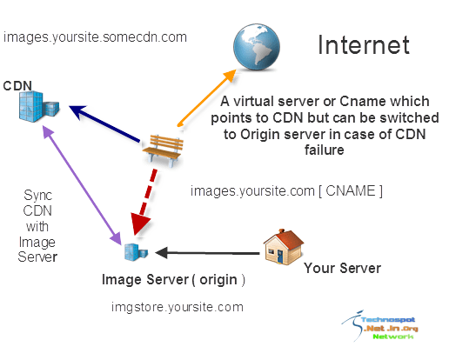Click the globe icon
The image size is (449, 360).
(x=257, y=47)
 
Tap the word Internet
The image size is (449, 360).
(x=364, y=45)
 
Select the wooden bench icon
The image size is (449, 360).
(x=164, y=150)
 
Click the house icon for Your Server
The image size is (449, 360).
(x=283, y=247)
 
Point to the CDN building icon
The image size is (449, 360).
(x=39, y=106)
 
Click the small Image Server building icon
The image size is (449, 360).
(x=136, y=252)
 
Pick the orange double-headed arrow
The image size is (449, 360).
(x=206, y=98)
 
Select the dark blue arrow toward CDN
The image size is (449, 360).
(x=104, y=123)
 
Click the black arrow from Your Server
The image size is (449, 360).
(x=207, y=253)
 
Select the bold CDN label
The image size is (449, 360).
(x=17, y=86)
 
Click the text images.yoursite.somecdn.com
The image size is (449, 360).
(x=95, y=37)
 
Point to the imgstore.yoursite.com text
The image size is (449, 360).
(x=178, y=307)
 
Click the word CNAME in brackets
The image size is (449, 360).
(x=351, y=191)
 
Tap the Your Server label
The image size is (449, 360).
(x=342, y=268)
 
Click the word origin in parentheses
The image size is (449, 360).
(x=218, y=280)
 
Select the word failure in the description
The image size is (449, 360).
(x=325, y=150)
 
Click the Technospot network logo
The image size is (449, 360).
(x=380, y=325)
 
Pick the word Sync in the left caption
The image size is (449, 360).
(x=37, y=196)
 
